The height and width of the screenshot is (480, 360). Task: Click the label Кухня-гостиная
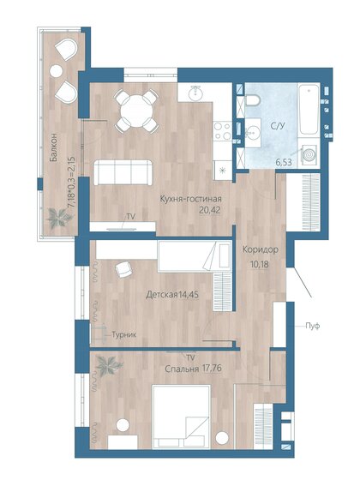(196, 198)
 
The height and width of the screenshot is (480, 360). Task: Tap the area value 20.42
(196, 208)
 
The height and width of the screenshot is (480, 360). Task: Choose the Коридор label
(260, 249)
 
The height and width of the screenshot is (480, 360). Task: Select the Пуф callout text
(313, 325)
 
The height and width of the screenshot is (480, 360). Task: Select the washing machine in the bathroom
(309, 154)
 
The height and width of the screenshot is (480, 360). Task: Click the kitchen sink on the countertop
(195, 93)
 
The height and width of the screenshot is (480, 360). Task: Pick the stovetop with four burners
(222, 131)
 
